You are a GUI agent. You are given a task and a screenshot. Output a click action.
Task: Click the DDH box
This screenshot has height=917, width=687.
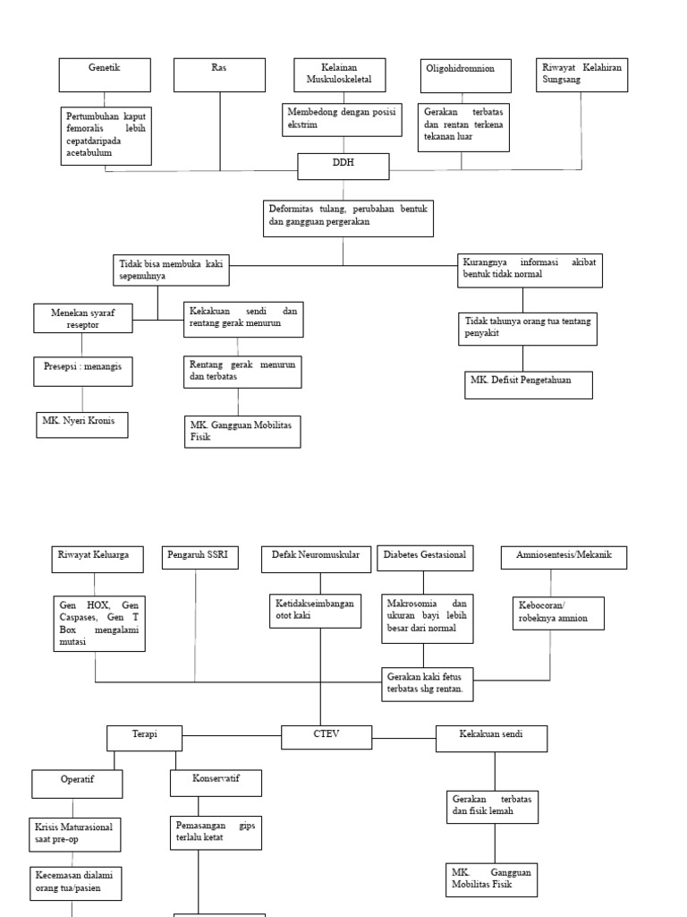coord(343,166)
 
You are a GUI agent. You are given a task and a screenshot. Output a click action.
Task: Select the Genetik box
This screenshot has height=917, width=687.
coord(105,75)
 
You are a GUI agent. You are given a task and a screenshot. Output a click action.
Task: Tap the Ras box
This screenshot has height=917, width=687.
coord(219,75)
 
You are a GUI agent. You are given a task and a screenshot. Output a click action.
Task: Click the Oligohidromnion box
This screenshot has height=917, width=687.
coord(465,76)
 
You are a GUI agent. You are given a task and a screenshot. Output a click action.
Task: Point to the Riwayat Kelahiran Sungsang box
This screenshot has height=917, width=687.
coord(581,75)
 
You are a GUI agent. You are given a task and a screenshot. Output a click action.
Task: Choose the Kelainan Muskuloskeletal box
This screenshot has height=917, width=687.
coord(340,75)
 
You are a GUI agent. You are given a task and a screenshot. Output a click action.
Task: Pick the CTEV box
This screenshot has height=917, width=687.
coord(327,736)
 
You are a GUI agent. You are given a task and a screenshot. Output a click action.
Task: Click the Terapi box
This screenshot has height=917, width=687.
coord(144,738)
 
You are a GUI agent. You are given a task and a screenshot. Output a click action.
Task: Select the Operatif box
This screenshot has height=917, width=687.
coord(77,784)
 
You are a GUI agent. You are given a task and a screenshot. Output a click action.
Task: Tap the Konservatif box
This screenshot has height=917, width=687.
coord(216,783)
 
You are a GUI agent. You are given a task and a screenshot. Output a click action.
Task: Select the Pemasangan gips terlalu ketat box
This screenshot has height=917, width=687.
coord(216,833)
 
